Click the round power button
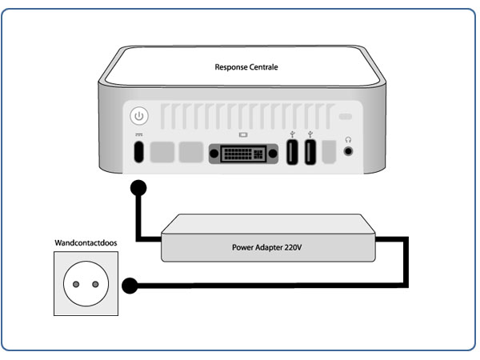[139, 117]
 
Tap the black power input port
[139, 152]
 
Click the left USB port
[293, 152]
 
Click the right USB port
[310, 152]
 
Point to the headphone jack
[348, 150]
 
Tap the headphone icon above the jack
[348, 137]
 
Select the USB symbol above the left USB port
[293, 134]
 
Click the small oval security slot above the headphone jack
[346, 118]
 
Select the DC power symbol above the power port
[139, 135]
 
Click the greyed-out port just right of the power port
[163, 152]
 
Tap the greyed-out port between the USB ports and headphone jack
[329, 152]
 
